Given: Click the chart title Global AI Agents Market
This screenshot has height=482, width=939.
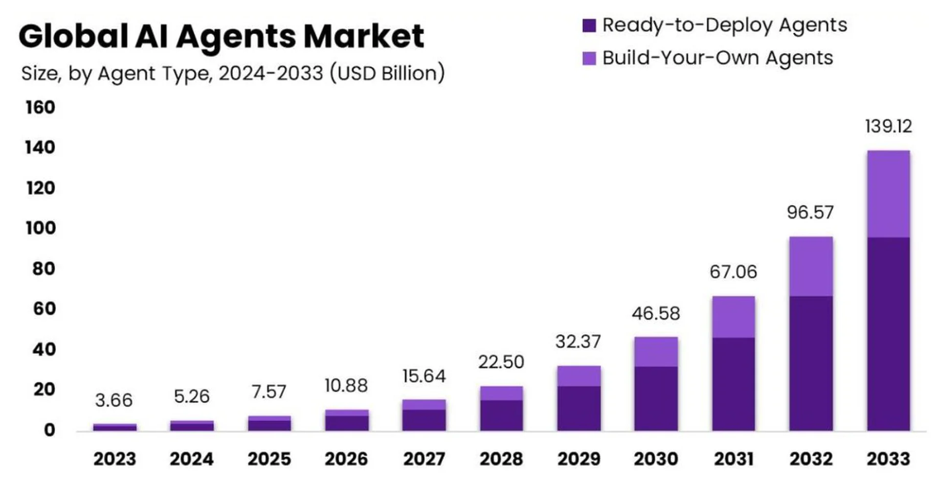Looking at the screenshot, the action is [x=221, y=37].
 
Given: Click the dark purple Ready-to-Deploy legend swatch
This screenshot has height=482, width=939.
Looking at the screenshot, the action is [x=589, y=25].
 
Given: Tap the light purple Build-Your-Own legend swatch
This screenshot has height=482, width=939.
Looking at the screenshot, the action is [x=589, y=58].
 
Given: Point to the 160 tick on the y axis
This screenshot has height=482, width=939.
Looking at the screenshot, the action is [x=41, y=107].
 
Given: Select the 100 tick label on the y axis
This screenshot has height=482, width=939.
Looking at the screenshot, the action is [x=41, y=228].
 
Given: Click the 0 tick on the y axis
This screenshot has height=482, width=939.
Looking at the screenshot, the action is [x=49, y=430].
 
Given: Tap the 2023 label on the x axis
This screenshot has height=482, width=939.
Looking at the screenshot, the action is [x=114, y=459].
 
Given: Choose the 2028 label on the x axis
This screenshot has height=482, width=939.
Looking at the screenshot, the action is [x=501, y=459].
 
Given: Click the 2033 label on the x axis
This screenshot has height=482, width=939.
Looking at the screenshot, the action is [x=888, y=459].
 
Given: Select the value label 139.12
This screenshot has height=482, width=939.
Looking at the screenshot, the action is [x=888, y=127].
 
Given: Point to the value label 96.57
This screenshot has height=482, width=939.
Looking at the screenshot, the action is [x=810, y=213].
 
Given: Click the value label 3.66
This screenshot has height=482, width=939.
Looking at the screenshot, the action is [x=113, y=400].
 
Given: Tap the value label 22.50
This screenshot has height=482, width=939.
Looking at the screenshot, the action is [x=501, y=362].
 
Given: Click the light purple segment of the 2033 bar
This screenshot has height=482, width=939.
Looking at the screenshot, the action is [x=888, y=194].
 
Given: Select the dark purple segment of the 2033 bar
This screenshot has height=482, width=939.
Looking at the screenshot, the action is [x=888, y=334].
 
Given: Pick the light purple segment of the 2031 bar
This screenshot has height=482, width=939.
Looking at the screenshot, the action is [x=733, y=317].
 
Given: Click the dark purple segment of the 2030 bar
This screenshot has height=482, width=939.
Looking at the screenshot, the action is [x=656, y=398].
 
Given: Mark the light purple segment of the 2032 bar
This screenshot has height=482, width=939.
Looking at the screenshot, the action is [x=811, y=266].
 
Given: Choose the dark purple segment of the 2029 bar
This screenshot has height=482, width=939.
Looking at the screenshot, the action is [x=579, y=409].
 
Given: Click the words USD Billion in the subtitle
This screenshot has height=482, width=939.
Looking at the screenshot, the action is [x=387, y=73].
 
